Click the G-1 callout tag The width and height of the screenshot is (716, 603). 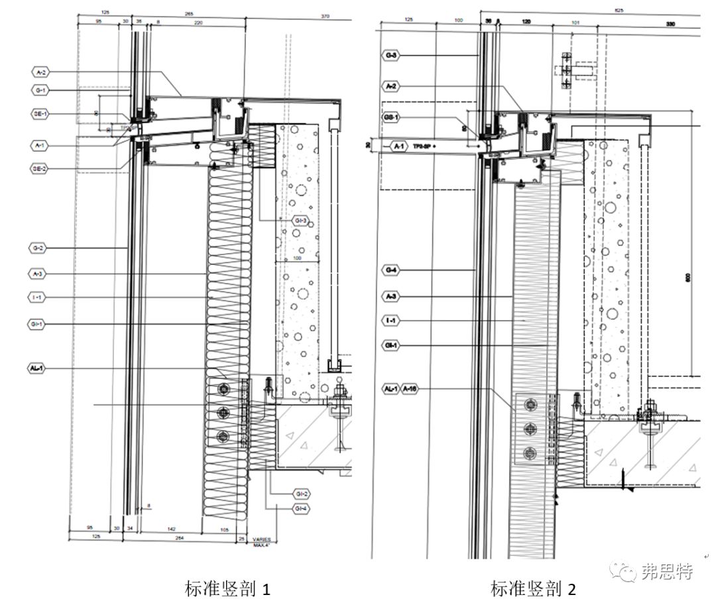(x=40, y=90)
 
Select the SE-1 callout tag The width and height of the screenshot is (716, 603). (x=40, y=114)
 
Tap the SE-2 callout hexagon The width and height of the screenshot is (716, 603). (x=40, y=168)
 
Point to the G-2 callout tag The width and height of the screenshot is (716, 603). (x=38, y=248)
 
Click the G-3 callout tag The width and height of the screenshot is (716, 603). (x=390, y=56)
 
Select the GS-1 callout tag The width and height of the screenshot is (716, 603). (x=390, y=117)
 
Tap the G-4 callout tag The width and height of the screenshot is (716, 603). (x=390, y=270)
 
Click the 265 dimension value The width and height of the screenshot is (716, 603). (x=190, y=13)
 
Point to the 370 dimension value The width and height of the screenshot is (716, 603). (x=324, y=16)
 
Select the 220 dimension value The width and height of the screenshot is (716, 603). (x=198, y=23)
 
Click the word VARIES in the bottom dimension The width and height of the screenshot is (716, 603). (x=261, y=539)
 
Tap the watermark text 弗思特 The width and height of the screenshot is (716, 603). (x=667, y=572)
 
